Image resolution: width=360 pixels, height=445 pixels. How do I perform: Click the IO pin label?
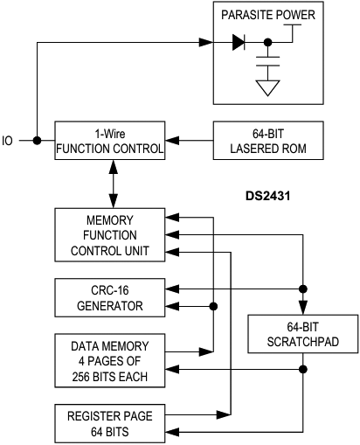click(9, 140)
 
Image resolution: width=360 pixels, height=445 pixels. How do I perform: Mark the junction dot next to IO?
click(36, 140)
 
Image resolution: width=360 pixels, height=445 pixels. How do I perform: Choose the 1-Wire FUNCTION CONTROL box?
click(109, 140)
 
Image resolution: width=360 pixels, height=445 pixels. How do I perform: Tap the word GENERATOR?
click(110, 305)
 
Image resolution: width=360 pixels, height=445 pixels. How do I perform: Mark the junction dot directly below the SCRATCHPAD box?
click(303, 370)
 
